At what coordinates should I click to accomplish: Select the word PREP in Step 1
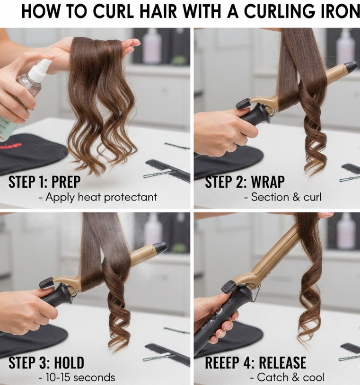click(x=66, y=182)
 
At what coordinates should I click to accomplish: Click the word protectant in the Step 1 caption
click(x=131, y=197)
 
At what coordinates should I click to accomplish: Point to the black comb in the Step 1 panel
click(x=168, y=170)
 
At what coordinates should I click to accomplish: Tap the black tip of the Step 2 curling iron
click(x=351, y=67)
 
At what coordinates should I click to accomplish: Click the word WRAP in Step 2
click(x=268, y=182)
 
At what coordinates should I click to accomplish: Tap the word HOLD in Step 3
click(x=69, y=363)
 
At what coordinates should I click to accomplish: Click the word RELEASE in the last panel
click(x=282, y=363)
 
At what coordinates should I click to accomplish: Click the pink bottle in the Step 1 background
click(x=152, y=47)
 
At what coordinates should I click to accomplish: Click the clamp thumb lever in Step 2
click(x=243, y=104)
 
